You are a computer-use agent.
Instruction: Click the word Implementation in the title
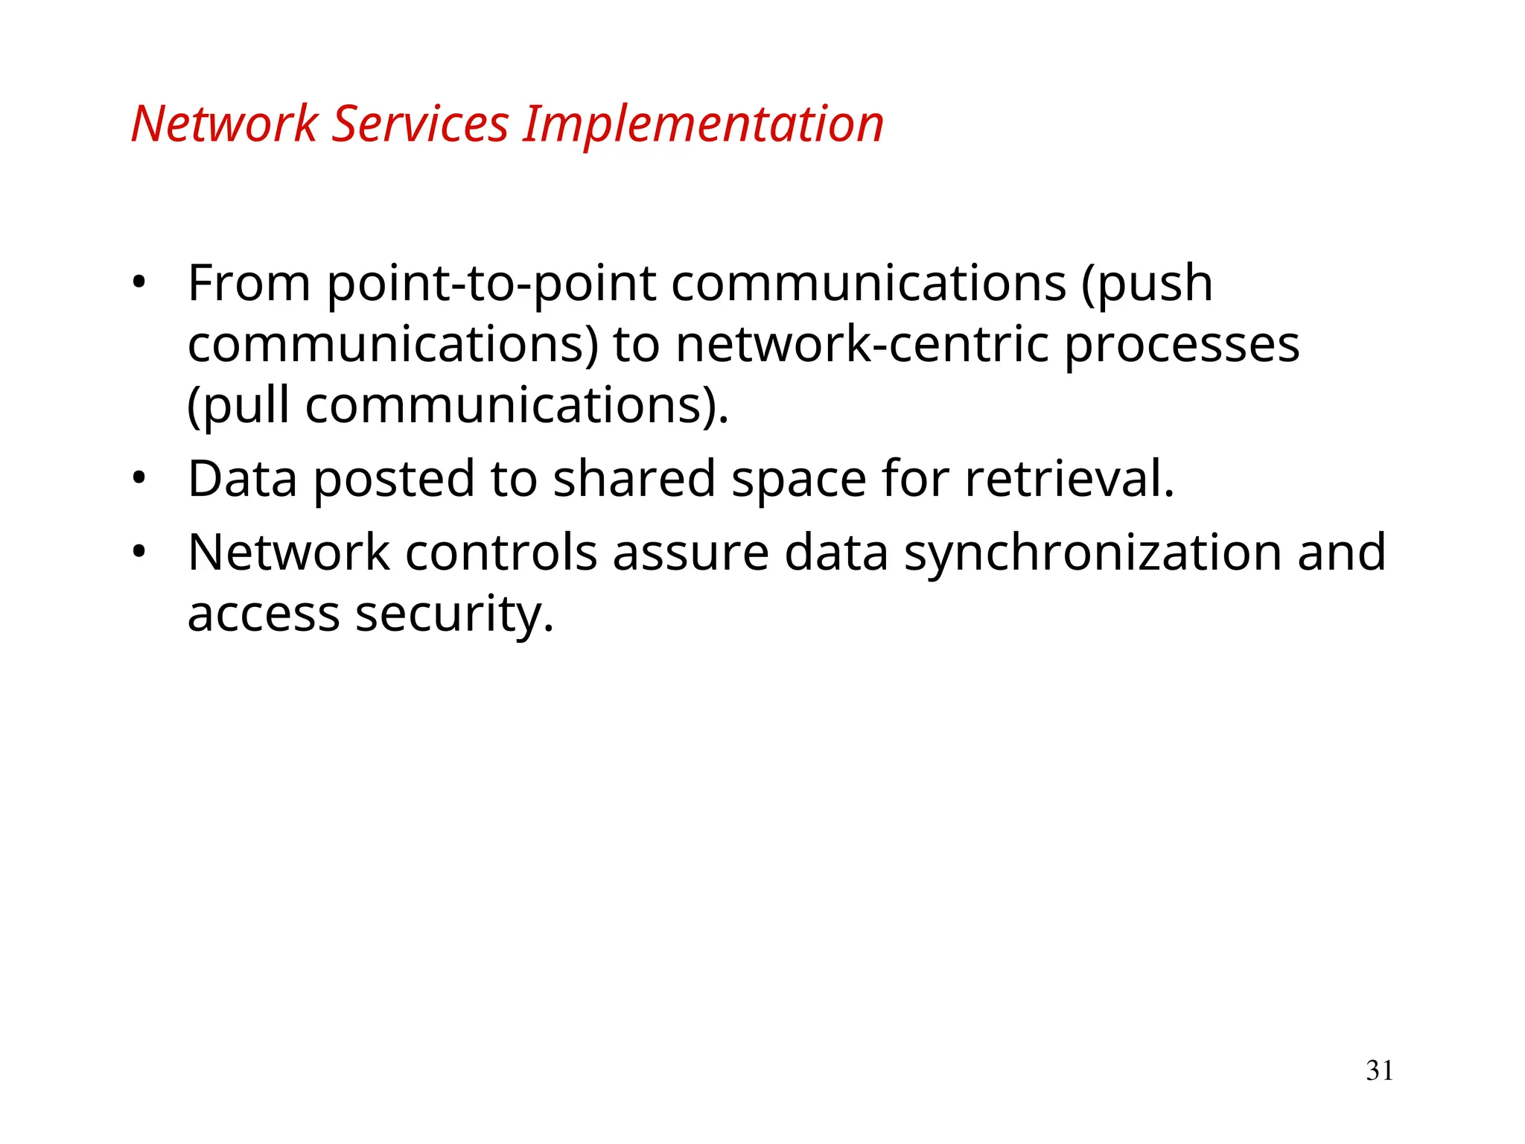(x=702, y=124)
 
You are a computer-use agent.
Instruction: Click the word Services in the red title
(x=419, y=124)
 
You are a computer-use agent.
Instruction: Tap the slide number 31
(x=1379, y=1070)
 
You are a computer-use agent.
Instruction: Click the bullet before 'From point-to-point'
(x=139, y=283)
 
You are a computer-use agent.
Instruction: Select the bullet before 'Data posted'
(x=139, y=478)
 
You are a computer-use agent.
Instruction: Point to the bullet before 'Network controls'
(x=139, y=553)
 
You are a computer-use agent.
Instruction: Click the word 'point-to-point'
(x=491, y=285)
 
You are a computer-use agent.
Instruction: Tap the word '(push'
(x=1146, y=285)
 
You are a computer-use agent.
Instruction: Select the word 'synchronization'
(x=1093, y=554)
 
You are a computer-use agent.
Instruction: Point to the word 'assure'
(x=690, y=554)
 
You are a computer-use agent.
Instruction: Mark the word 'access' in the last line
(x=264, y=615)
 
